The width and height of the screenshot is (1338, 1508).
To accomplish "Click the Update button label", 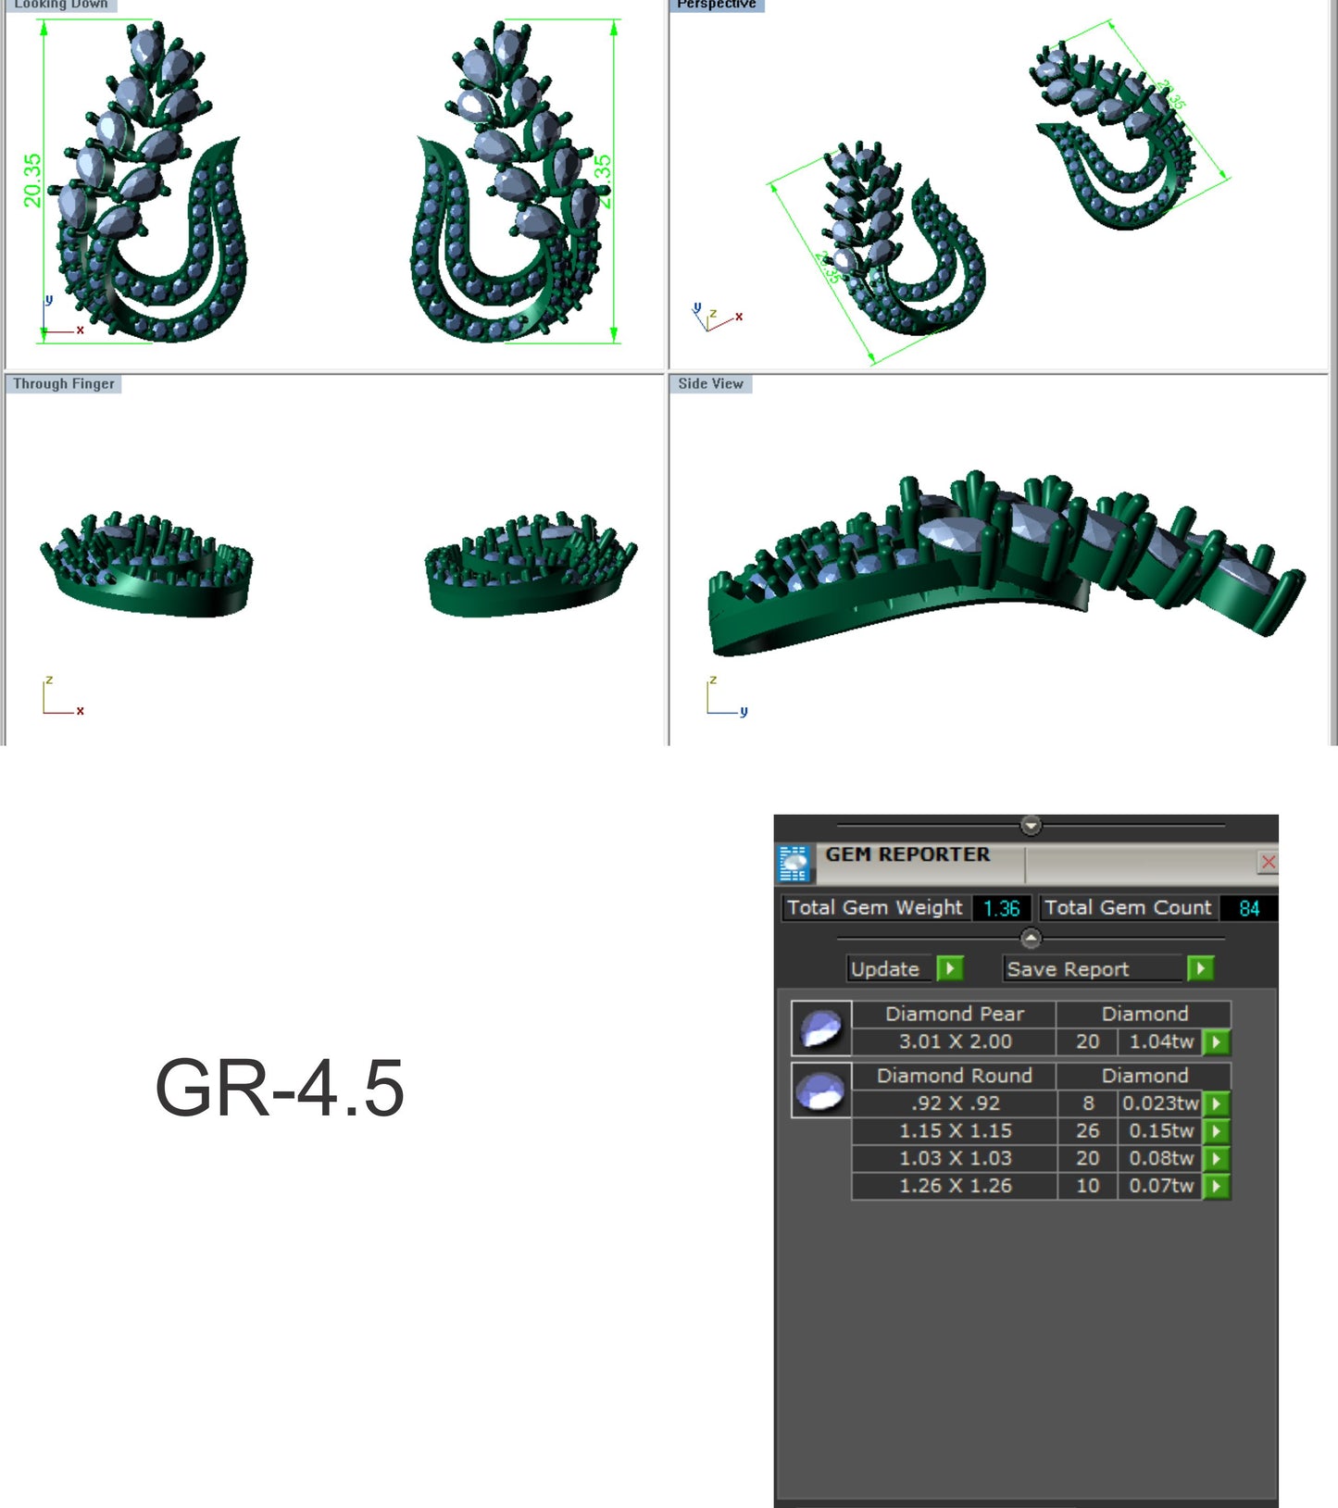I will (x=885, y=969).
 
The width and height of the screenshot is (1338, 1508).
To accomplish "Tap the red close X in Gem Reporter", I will (x=1268, y=863).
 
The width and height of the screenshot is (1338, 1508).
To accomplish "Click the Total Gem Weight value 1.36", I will (x=1001, y=908).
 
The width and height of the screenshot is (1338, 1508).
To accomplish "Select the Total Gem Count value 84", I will (x=1248, y=908).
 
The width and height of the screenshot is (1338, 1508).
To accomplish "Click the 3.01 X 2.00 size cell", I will (x=955, y=1041).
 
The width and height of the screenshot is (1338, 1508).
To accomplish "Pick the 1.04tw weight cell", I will (x=1161, y=1041).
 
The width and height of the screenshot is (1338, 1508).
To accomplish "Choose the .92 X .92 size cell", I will (x=955, y=1103).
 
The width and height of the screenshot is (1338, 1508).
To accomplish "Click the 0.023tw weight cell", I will (x=1160, y=1103).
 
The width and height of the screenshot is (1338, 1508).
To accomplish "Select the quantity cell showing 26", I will (x=1087, y=1131).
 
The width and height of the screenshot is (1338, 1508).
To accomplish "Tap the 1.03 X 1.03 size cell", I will (x=955, y=1158).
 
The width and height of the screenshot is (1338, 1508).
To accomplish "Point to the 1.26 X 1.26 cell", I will (x=955, y=1186).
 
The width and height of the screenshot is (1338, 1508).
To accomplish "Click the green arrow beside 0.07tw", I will (x=1217, y=1186).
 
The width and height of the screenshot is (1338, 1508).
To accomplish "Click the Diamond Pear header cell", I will (x=955, y=1014).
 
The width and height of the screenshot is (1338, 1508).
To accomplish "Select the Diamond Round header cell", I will (x=955, y=1076).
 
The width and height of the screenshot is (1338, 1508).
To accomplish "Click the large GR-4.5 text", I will (x=280, y=1089).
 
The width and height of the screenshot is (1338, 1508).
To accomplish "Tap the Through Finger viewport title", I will (x=64, y=383).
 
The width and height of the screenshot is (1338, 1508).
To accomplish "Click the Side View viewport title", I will (x=710, y=383).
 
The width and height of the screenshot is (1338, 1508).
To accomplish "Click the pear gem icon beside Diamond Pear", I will (x=821, y=1028).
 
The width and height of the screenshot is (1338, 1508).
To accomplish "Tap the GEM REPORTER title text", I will (x=907, y=854).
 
